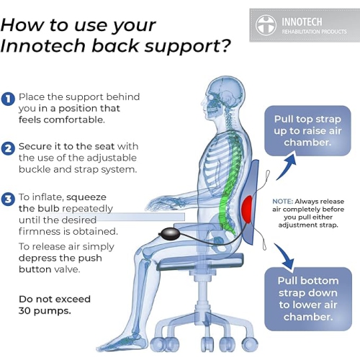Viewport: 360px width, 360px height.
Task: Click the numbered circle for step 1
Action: coord(8,99)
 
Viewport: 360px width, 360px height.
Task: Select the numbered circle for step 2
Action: coord(8,149)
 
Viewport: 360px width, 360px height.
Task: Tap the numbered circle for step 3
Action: coord(8,199)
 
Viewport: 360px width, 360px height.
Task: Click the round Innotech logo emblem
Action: coord(266,25)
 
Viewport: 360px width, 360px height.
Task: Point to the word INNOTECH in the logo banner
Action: coord(302,22)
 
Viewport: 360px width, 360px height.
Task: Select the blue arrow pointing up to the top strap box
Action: coord(287,166)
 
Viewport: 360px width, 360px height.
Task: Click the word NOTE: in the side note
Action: coord(282,202)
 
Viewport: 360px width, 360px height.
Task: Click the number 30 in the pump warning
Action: coord(24,311)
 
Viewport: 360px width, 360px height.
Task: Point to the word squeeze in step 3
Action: coord(86,198)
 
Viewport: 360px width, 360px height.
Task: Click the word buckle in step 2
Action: coord(35,169)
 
